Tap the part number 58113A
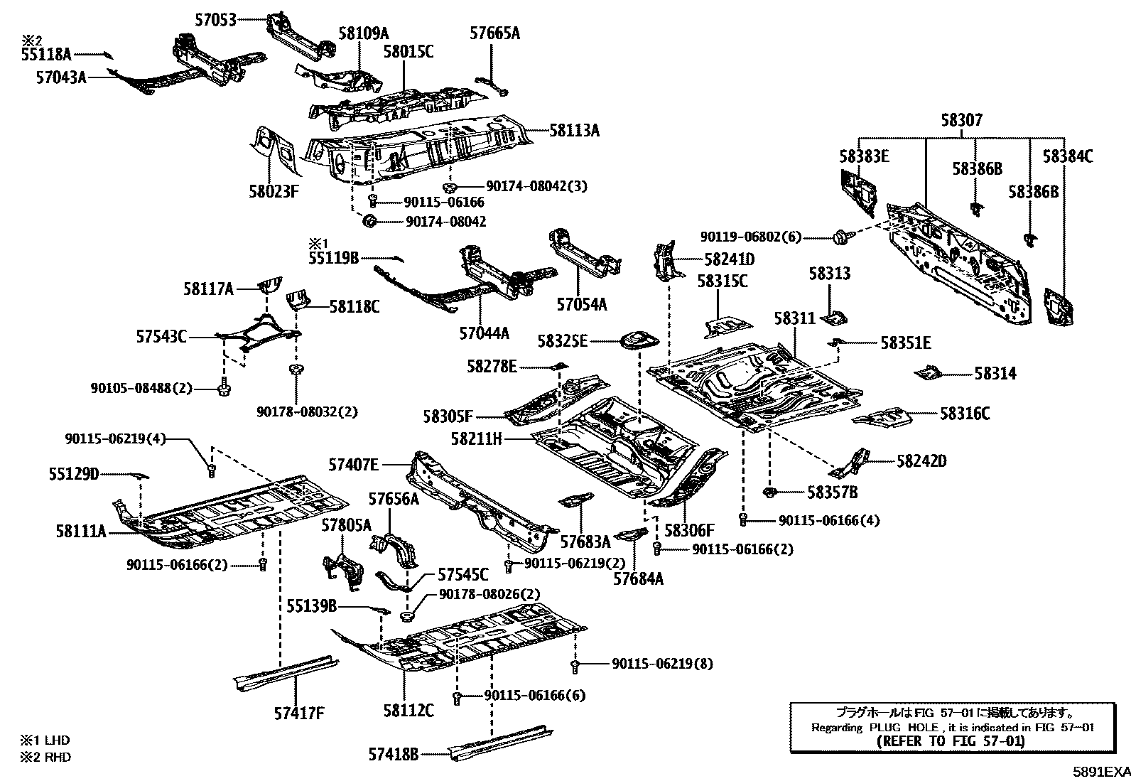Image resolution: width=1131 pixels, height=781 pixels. tap(574, 130)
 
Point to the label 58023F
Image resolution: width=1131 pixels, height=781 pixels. tap(274, 190)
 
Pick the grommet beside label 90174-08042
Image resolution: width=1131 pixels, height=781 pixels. tap(369, 221)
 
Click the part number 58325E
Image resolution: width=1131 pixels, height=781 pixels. tap(562, 341)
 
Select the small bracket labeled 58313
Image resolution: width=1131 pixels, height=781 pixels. tap(835, 315)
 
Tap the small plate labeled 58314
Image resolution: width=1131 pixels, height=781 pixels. tap(928, 372)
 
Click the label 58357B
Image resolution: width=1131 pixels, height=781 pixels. tap(832, 492)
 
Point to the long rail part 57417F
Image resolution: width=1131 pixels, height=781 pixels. tap(284, 672)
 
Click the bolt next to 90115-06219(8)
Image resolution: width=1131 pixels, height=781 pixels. tap(574, 665)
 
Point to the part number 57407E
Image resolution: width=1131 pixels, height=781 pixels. tap(353, 465)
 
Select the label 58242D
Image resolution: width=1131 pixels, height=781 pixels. tap(921, 461)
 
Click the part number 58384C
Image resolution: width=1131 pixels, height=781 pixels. tap(1067, 156)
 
